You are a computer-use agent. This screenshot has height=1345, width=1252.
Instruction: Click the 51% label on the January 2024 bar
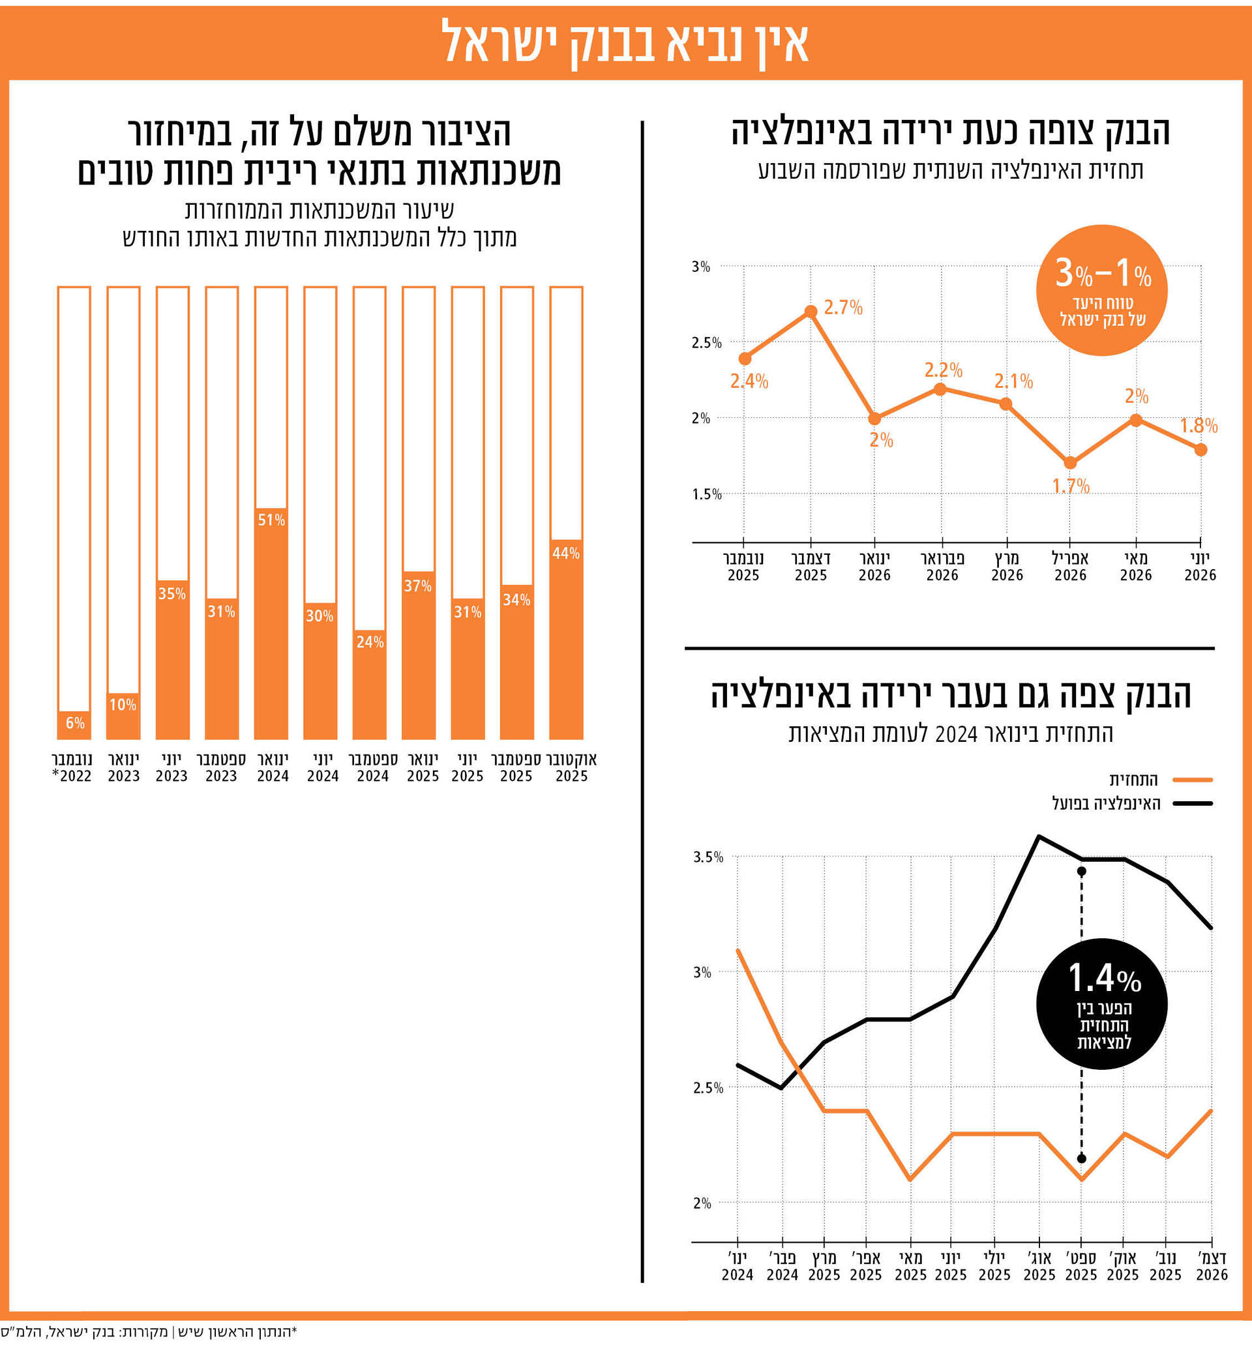(x=271, y=520)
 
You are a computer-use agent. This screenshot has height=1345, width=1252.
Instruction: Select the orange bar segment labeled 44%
(x=566, y=640)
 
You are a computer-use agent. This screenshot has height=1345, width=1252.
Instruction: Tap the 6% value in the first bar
(x=74, y=722)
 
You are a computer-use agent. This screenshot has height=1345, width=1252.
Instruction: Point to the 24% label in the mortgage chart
(x=370, y=642)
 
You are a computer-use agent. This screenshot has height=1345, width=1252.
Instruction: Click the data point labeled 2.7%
(x=811, y=311)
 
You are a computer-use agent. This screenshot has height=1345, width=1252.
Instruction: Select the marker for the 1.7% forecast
(x=1070, y=463)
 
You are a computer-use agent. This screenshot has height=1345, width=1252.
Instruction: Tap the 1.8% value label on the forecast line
(x=1199, y=426)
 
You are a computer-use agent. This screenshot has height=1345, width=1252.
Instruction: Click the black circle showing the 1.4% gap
(x=1102, y=1003)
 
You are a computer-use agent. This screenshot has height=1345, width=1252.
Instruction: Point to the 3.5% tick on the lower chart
(x=708, y=857)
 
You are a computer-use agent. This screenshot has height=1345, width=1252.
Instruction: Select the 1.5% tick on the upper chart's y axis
(x=706, y=495)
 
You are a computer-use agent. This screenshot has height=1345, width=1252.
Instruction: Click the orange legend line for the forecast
(x=1193, y=779)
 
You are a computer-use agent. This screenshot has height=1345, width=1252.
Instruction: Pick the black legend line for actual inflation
(x=1193, y=804)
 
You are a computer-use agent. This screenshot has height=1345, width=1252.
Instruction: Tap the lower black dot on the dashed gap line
(x=1081, y=1159)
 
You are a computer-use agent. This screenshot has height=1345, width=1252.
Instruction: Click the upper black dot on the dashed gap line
(x=1081, y=872)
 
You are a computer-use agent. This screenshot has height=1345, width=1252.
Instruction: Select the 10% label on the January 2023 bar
(x=123, y=704)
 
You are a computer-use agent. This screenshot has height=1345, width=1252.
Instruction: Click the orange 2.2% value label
(x=944, y=370)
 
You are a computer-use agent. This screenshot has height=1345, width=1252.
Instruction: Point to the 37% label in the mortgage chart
(x=417, y=585)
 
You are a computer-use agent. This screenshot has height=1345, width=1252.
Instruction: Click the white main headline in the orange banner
(x=625, y=42)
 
